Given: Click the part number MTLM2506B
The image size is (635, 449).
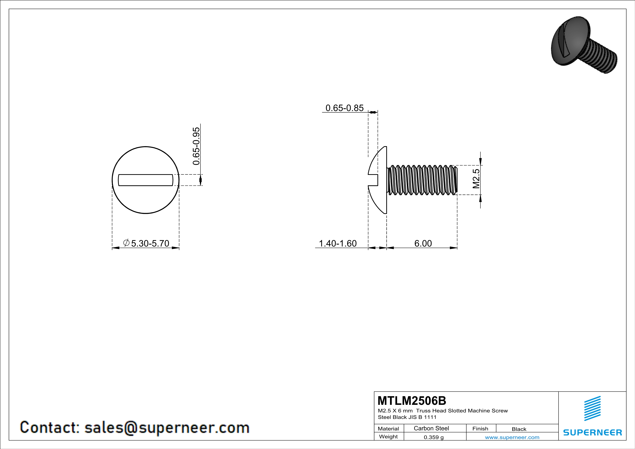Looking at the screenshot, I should [412, 401].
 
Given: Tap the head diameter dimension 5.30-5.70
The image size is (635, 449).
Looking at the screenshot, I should [150, 243].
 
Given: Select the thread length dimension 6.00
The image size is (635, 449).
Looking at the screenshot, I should [423, 243].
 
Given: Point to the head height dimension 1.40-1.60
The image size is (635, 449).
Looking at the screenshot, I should [338, 243].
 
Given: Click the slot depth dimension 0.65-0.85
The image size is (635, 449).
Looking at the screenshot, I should [344, 108].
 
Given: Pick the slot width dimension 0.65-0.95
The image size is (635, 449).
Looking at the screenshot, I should [196, 146].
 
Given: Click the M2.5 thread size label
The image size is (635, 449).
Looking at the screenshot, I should [476, 179].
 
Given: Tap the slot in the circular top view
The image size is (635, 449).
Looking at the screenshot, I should [145, 180].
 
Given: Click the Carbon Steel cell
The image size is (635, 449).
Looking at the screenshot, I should [431, 428].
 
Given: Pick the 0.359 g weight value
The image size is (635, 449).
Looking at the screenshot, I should [434, 437].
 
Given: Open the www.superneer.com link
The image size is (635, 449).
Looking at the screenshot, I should [512, 437].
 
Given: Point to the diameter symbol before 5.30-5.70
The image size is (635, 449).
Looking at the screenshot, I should [126, 243].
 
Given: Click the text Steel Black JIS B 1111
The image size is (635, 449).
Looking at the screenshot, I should [407, 417].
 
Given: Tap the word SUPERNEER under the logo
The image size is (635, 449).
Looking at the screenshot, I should [592, 432].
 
